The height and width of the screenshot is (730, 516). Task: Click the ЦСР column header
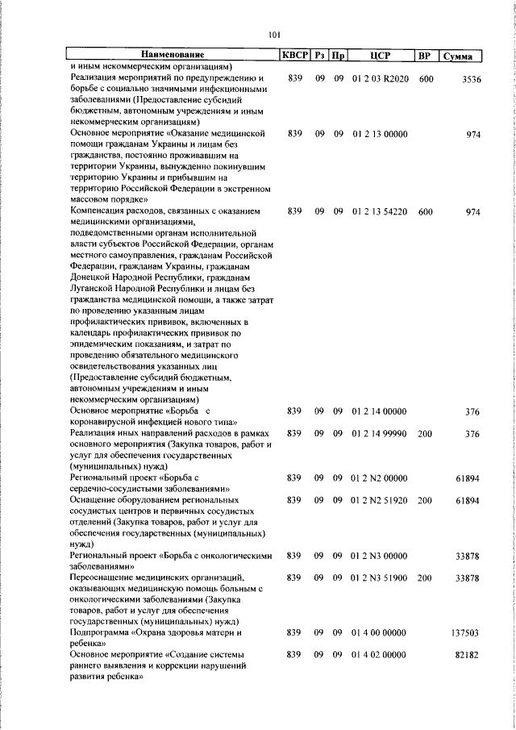(x=381, y=56)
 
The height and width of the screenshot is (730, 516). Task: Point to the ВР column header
(x=425, y=56)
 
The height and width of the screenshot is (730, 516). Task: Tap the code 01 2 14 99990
(x=380, y=433)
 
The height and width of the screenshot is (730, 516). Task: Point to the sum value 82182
(x=467, y=656)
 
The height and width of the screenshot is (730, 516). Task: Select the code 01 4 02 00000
(x=380, y=656)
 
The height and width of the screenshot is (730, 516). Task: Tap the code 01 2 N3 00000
(x=380, y=556)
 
